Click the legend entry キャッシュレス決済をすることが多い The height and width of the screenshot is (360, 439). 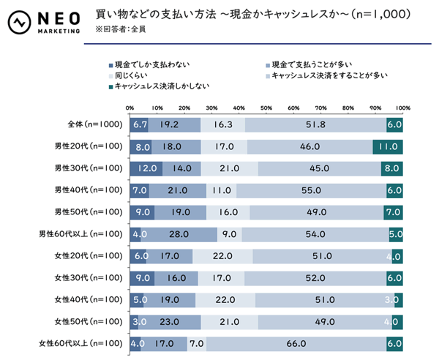328,75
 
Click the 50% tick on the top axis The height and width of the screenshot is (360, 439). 266,108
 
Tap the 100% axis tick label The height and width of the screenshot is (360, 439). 403,108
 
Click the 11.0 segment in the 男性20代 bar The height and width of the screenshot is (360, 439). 388,146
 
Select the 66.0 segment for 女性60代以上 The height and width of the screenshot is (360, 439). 296,343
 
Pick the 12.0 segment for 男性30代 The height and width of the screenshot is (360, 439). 146,168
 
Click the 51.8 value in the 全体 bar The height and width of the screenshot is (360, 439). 316,125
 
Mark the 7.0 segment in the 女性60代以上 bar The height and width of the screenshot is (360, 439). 196,343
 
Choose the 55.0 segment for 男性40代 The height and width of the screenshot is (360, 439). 312,190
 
